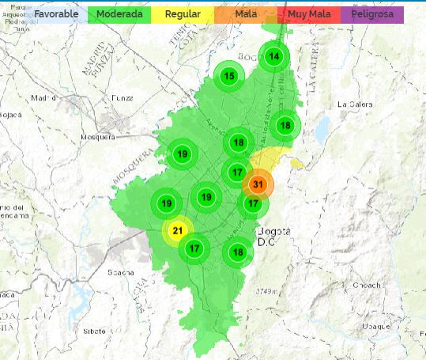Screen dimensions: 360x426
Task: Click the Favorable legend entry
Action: pos(55,14)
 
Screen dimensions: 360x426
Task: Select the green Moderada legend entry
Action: pos(119,14)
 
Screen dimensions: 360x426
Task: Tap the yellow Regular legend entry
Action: pos(182,14)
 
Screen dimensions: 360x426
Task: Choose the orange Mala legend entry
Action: pos(246,14)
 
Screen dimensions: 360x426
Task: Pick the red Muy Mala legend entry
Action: pos(309,14)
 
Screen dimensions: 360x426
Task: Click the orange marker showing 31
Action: pos(258,185)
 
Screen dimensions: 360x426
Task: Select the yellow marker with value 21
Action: pos(177,230)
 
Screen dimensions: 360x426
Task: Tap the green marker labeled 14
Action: pos(273,56)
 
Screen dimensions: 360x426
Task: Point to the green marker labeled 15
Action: pos(229,76)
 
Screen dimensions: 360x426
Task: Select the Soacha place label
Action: pos(121,273)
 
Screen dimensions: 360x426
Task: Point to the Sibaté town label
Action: pos(95,332)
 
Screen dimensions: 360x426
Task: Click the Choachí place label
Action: pos(366,285)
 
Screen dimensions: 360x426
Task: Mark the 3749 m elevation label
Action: pos(265,292)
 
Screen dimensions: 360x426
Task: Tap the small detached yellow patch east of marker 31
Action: pos(296,164)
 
